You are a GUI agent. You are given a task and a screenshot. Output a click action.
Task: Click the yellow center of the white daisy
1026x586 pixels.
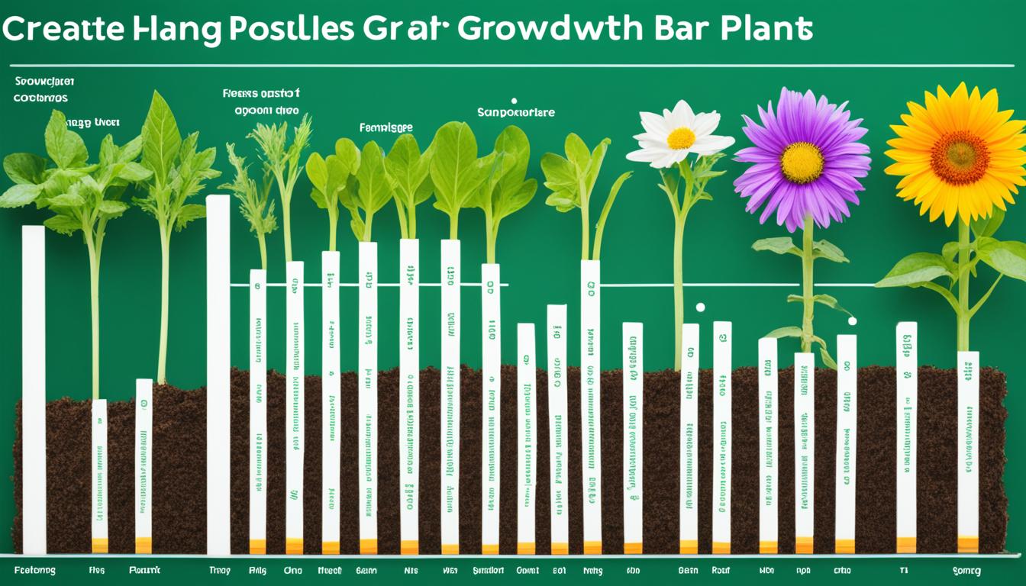click(681, 138)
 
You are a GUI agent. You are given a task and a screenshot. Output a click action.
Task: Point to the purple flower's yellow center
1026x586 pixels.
click(802, 163)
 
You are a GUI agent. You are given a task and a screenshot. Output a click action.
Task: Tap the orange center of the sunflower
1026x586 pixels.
click(960, 156)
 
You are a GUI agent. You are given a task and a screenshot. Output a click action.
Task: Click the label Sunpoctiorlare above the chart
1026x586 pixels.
click(516, 112)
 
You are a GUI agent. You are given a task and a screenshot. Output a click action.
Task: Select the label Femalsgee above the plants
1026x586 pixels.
click(386, 128)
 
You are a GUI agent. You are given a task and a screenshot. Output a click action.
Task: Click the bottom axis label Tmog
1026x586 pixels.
click(220, 570)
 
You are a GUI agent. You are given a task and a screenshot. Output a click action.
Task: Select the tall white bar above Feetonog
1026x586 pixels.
click(34, 389)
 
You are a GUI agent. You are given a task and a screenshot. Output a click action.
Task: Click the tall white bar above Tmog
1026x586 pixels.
click(218, 374)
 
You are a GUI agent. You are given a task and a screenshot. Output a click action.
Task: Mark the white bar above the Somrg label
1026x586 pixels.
click(968, 450)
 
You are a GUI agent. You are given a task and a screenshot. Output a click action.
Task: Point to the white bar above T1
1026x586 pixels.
click(906, 435)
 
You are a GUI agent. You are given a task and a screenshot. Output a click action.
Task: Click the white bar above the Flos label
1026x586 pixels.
click(99, 473)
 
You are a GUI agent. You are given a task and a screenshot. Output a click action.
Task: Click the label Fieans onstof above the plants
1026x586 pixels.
click(260, 94)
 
